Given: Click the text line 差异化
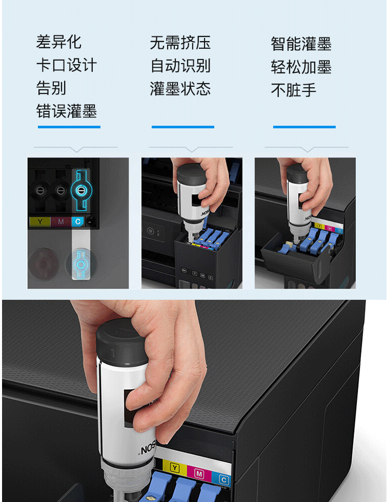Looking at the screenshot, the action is (58, 42).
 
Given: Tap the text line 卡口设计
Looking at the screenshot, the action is (67, 65).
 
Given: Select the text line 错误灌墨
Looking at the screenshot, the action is (67, 111).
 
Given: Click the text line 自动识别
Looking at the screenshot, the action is (180, 66).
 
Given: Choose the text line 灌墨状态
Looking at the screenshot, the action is (180, 89).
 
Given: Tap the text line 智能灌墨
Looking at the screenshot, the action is (301, 44).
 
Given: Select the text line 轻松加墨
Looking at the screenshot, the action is (301, 67).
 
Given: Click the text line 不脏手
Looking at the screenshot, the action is (294, 90).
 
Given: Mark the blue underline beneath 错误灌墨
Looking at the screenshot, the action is (69, 127).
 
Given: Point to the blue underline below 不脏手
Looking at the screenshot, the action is (304, 127).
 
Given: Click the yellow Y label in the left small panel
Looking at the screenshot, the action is (40, 222).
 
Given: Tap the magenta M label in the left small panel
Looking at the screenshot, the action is (60, 222).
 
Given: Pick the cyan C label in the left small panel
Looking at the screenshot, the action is (78, 222).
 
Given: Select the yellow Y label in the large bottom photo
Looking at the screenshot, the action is (175, 468).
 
